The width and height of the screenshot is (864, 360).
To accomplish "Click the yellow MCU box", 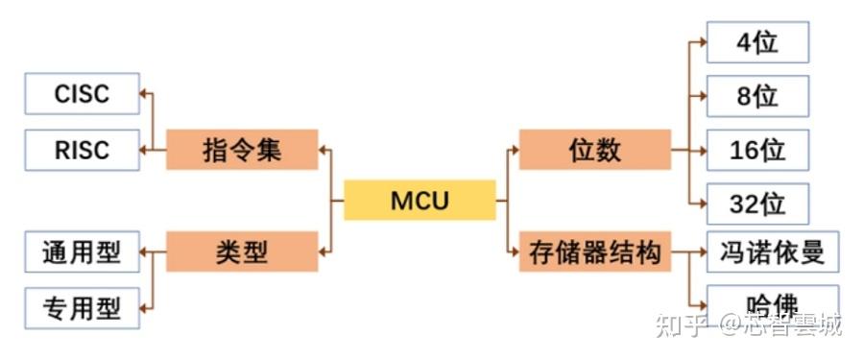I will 420,201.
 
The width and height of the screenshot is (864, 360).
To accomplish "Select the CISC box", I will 83,94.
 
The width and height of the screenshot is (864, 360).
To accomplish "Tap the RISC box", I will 83,150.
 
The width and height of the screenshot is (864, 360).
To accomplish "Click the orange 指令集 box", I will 242,150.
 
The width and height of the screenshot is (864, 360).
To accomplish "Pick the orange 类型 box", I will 242,252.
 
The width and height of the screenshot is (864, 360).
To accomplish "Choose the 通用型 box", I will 83,252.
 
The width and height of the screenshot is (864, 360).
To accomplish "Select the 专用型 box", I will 83,308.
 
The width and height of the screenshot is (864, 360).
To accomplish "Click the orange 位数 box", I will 595,150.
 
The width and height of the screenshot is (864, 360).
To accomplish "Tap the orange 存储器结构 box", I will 595,252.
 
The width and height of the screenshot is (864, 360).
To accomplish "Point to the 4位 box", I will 757,43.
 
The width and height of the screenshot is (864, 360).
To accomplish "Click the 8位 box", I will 757,96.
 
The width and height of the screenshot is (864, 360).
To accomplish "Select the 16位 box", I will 757,150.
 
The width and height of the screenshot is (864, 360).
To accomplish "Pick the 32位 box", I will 757,204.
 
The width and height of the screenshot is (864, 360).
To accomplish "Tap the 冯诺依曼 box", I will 772,252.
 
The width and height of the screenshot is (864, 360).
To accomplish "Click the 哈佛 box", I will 772,305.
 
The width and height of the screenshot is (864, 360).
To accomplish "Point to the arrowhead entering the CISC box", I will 145,94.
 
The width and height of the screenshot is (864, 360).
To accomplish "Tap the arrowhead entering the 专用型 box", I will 145,308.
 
